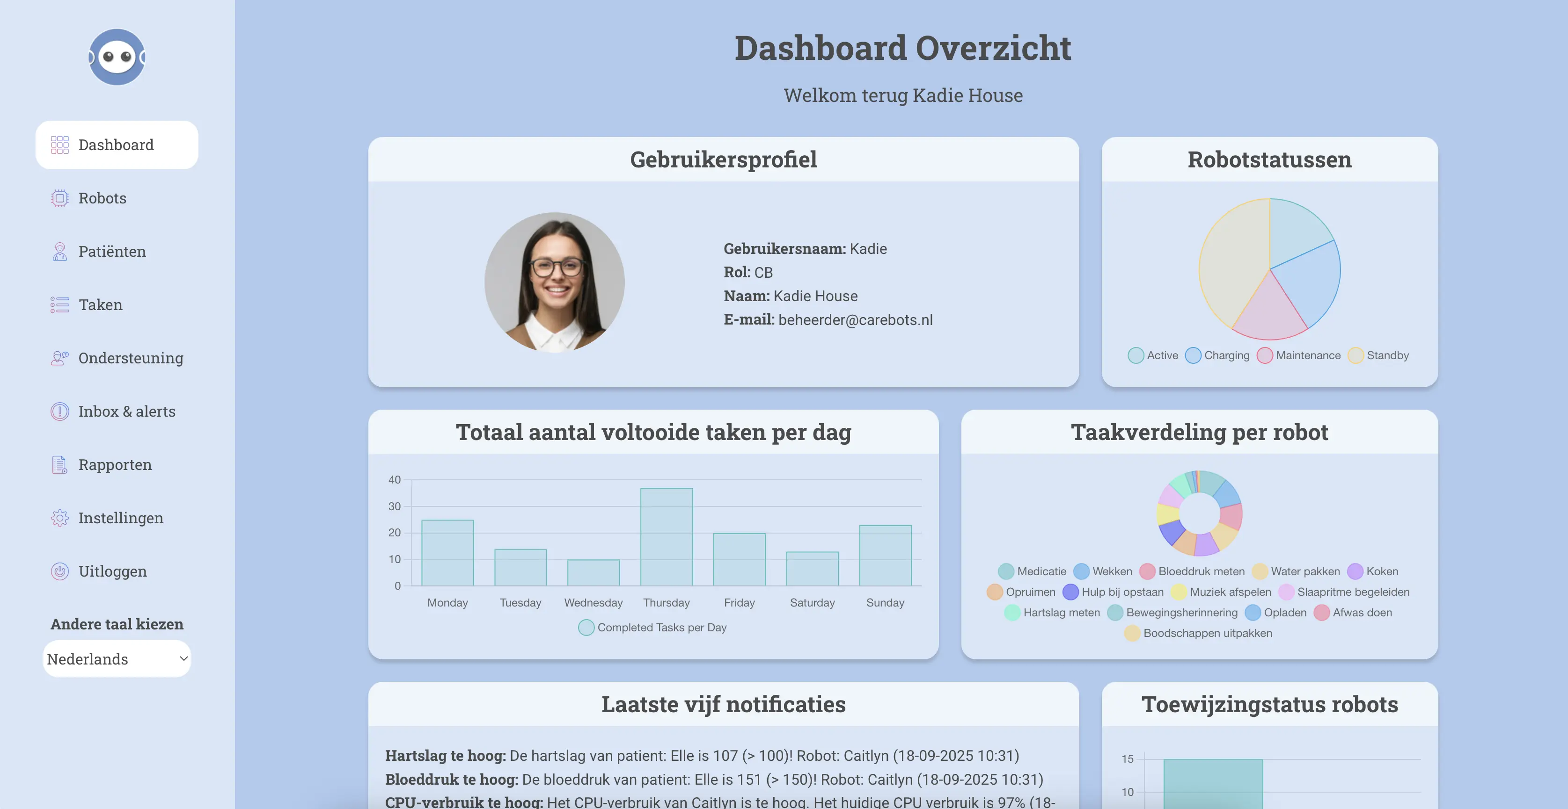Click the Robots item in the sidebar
[x=102, y=198]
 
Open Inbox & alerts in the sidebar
[x=126, y=411]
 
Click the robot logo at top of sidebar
[x=117, y=57]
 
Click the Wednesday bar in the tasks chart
[x=593, y=572]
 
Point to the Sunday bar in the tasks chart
[x=885, y=556]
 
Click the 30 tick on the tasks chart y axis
[x=395, y=506]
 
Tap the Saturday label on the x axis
[x=812, y=603]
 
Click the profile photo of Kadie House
[x=555, y=282]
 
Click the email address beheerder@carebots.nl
[x=855, y=320]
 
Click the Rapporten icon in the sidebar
[x=59, y=465]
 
